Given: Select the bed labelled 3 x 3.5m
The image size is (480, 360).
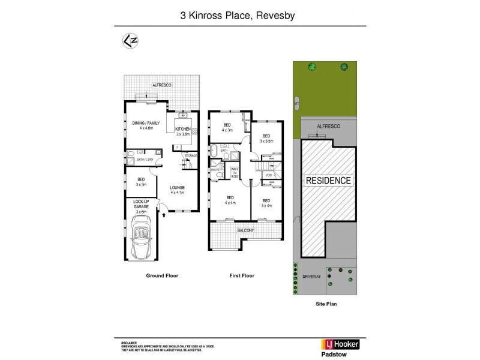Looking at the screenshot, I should (x=266, y=139).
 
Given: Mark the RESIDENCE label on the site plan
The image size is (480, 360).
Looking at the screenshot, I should (x=329, y=180).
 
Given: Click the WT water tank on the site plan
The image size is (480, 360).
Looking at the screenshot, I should (x=296, y=103).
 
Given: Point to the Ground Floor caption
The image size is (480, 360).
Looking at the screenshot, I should (x=162, y=276).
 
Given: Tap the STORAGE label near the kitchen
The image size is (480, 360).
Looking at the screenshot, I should (x=191, y=156).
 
